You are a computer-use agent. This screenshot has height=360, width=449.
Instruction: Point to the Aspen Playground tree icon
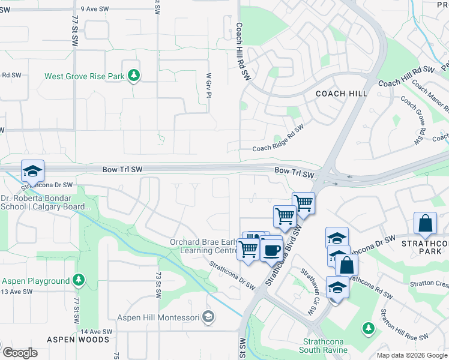[78, 280]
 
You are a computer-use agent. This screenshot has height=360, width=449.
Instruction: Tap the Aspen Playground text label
[35, 281]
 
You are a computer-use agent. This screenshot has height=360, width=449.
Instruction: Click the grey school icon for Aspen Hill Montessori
[208, 316]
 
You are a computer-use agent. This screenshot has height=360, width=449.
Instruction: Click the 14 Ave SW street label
[97, 332]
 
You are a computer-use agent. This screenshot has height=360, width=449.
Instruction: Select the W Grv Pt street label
[209, 85]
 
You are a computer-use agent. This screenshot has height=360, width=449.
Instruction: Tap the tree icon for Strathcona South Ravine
[368, 328]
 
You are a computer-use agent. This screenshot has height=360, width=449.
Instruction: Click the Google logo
[19, 353]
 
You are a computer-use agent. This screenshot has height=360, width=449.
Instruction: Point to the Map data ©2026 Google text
[411, 355]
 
